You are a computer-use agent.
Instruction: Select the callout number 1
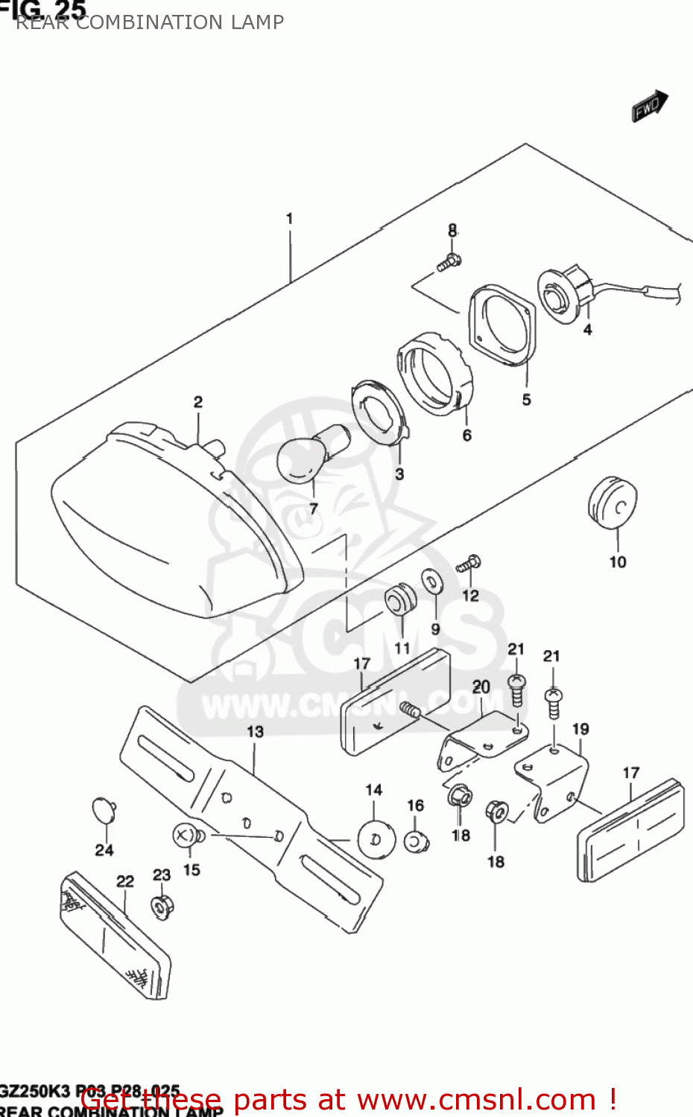(289, 219)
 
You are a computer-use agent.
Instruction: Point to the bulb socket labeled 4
(565, 295)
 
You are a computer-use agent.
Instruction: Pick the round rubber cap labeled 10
(613, 503)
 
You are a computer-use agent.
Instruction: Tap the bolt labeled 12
(469, 564)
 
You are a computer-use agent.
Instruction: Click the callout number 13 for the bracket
(255, 732)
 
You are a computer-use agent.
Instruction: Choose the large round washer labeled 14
(376, 838)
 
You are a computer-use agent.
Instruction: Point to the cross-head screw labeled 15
(184, 836)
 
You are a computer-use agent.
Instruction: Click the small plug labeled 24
(104, 810)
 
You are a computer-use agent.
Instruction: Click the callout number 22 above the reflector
(125, 882)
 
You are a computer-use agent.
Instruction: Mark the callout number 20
(481, 687)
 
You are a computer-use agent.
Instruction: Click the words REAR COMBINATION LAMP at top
(150, 22)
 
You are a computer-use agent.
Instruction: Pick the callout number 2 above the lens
(198, 402)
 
